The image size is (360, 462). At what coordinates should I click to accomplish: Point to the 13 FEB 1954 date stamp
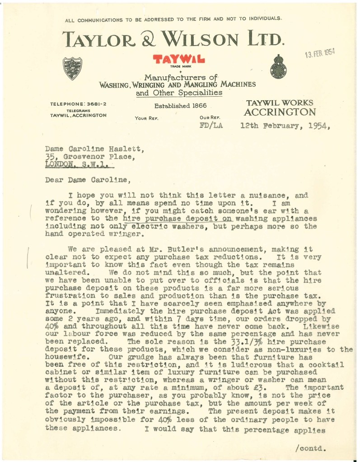coord(319,55)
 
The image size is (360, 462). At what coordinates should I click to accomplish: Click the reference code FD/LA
coord(211,126)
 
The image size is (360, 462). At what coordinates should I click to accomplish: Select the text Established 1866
coord(180,106)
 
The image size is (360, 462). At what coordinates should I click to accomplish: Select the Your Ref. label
coord(145,118)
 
